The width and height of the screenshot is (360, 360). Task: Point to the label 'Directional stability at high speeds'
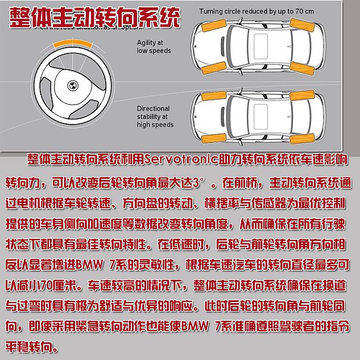tap(155, 117)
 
